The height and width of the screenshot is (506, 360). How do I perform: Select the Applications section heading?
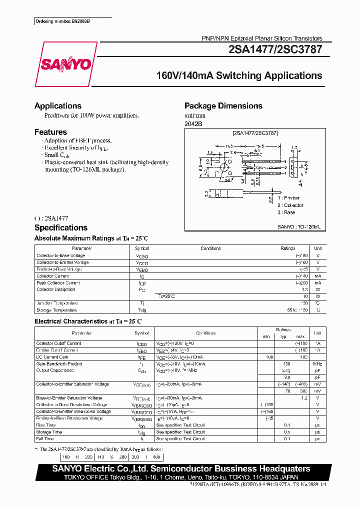coord(57,106)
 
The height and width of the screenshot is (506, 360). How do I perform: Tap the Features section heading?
coord(50,132)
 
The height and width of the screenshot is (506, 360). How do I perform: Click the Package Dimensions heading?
coord(223,106)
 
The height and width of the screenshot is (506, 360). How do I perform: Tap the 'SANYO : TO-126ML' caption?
coord(298,226)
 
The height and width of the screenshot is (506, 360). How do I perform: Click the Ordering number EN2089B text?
coord(62,21)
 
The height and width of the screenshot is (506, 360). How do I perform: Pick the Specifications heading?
coord(60,228)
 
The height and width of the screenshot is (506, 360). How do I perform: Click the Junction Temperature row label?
coord(57,303)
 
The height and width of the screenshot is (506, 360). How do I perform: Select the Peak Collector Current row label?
coord(58,283)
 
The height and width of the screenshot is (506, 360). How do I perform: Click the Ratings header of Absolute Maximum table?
coord(287,248)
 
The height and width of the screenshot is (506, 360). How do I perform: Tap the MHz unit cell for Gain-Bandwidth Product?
coord(317,364)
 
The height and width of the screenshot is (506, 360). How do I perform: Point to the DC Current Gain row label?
coord(52,357)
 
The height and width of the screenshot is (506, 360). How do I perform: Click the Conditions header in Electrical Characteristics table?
coord(206,333)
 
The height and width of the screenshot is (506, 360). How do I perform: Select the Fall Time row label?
coord(46,438)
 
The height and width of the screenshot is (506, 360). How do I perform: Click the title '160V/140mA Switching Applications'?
coord(239,76)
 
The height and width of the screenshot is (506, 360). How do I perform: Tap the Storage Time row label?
coord(49,432)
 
